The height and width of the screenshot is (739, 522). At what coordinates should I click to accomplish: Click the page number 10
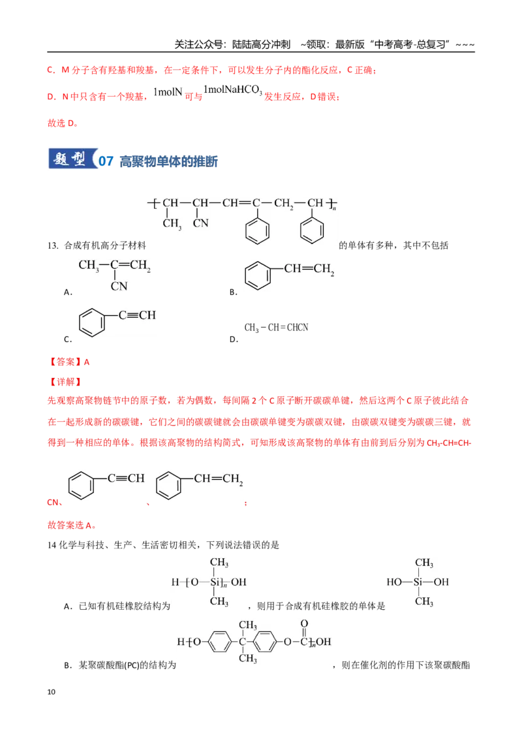[x=52, y=692]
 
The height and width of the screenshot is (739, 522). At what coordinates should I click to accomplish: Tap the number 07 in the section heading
[x=106, y=161]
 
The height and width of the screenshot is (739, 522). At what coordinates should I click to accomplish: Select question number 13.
[x=52, y=245]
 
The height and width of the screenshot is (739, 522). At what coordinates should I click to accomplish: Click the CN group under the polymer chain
[x=201, y=223]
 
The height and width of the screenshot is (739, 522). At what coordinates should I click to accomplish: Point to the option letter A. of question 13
[x=68, y=292]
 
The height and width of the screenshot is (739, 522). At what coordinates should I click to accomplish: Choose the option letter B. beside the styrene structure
[x=233, y=292]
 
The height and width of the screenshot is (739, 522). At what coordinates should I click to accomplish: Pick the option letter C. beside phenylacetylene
[x=68, y=339]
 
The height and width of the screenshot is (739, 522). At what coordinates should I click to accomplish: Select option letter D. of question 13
[x=234, y=339]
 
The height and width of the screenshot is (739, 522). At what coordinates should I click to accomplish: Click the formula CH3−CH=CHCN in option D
[x=276, y=328]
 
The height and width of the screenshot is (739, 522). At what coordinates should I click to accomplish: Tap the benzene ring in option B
[x=258, y=275]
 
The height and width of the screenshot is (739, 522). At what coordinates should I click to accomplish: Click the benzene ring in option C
[x=92, y=323]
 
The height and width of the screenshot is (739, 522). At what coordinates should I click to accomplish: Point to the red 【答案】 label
[x=65, y=362]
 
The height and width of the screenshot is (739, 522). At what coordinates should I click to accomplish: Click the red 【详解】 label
[x=65, y=382]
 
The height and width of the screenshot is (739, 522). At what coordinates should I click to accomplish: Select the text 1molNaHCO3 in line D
[x=233, y=90]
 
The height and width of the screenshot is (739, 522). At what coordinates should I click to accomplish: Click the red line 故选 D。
[x=63, y=123]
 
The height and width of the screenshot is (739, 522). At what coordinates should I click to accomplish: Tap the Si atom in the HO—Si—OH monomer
[x=418, y=582]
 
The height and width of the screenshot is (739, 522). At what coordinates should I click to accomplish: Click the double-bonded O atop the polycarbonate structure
[x=304, y=623]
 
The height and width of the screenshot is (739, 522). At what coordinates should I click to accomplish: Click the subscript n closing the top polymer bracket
[x=335, y=208]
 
